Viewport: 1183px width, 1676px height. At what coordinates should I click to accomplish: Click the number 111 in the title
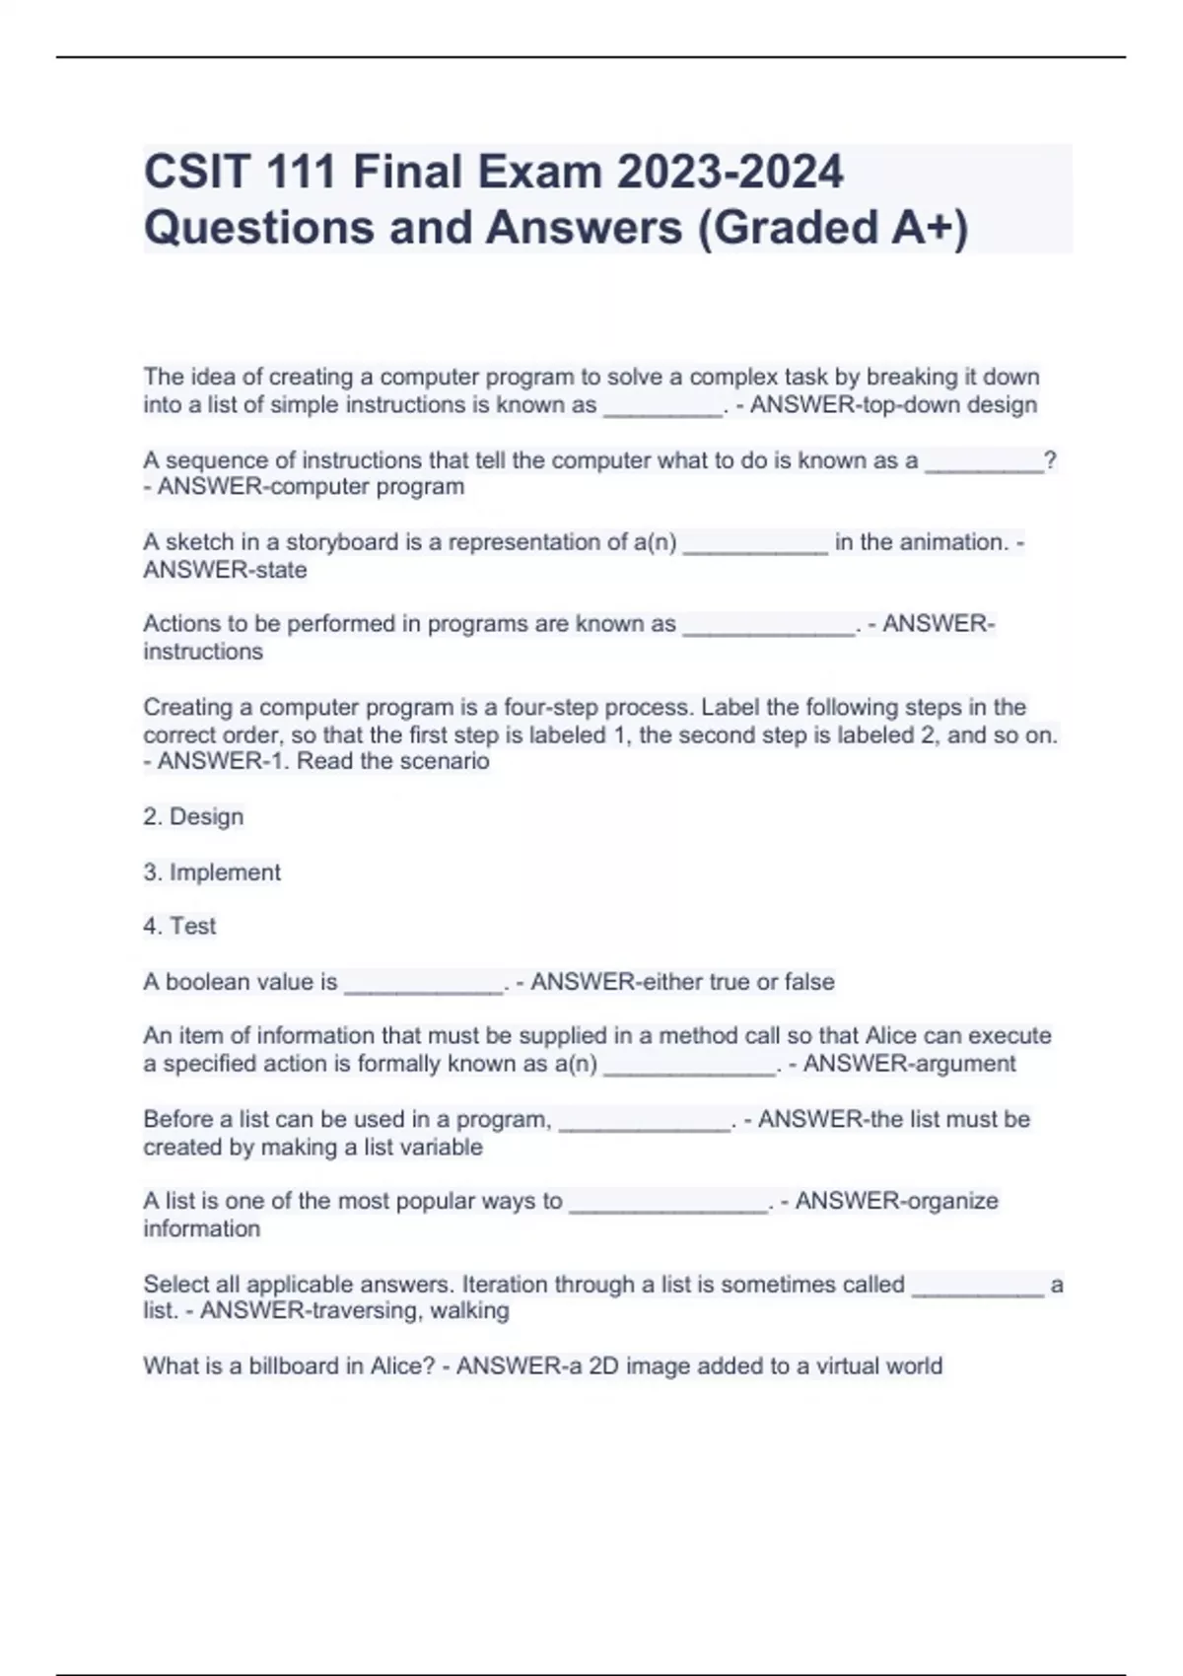[296, 172]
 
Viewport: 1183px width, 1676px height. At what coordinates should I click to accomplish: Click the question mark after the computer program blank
[1050, 459]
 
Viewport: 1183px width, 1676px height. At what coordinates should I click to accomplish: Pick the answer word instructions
[203, 652]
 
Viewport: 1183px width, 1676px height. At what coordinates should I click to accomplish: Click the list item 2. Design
[193, 816]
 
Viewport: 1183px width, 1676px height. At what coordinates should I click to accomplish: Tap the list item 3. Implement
[212, 872]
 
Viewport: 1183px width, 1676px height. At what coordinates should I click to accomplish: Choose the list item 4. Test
[179, 926]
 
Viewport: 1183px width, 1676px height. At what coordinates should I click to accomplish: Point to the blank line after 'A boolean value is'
[423, 984]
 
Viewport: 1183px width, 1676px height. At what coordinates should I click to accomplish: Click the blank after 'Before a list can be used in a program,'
[645, 1122]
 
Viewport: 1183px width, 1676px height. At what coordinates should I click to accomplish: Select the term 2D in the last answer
[603, 1365]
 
